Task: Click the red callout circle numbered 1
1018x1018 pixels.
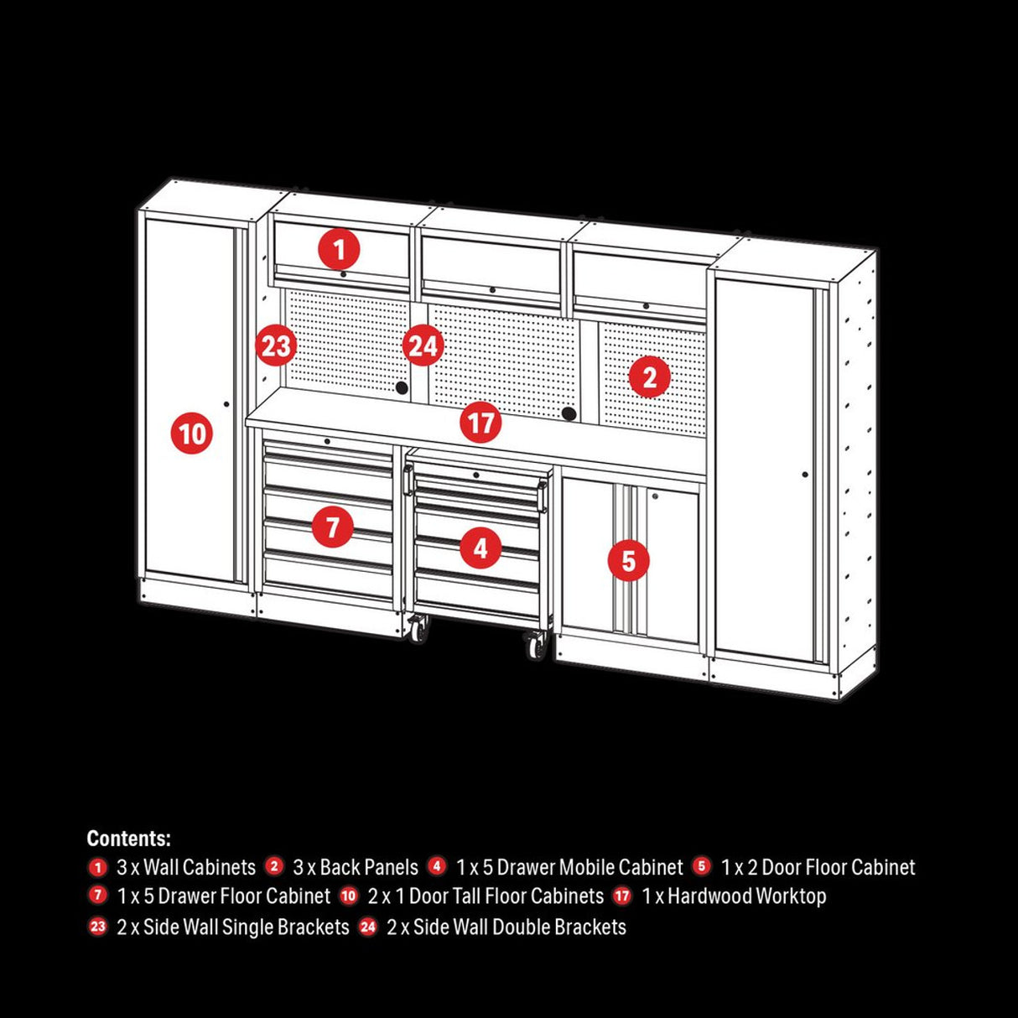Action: coord(339,249)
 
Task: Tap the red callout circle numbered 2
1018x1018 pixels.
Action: coord(649,377)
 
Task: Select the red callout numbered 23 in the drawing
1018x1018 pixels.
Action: coord(276,345)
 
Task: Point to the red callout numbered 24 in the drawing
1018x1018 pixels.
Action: coord(423,345)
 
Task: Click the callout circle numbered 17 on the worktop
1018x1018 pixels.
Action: coord(480,422)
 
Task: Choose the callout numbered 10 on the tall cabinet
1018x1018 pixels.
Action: coord(192,434)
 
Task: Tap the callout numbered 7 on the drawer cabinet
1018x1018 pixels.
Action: coord(333,527)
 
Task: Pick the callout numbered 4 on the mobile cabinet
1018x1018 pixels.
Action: coord(480,548)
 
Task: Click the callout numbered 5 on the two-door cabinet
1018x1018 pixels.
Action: coord(629,560)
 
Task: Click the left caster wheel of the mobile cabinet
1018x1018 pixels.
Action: coord(417,628)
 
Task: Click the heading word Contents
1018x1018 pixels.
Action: coord(128,839)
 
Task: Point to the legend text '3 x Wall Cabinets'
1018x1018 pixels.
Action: coord(186,867)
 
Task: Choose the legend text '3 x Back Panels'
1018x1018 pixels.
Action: coord(356,867)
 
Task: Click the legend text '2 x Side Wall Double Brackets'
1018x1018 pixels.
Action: coord(506,927)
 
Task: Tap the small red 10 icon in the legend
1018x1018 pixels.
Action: coord(349,896)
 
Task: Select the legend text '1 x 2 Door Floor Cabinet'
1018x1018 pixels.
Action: coord(818,867)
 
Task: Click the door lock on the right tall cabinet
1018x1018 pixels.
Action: coord(805,475)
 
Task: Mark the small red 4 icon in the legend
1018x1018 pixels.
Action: coord(437,866)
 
